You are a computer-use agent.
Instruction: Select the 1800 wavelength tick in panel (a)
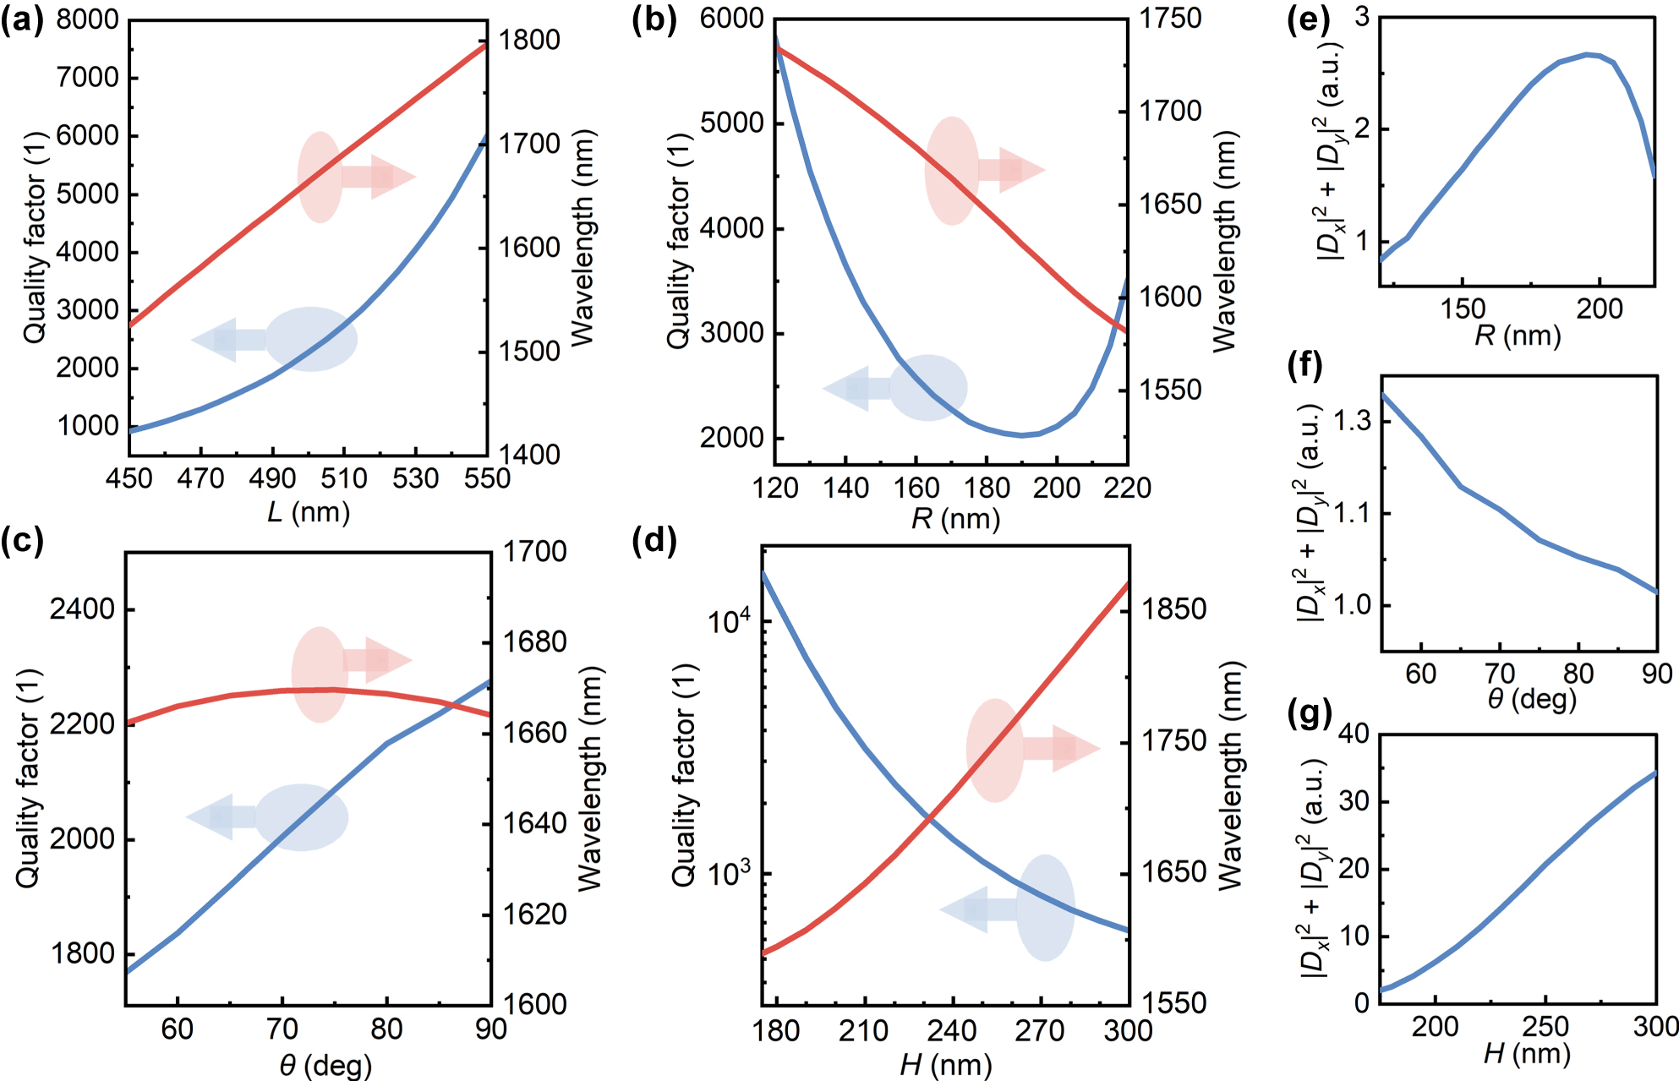pos(529,40)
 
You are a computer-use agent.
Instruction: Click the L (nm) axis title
pos(309,512)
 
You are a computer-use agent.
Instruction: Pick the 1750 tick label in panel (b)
pos(1170,19)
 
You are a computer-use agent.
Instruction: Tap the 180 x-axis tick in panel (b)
pos(987,489)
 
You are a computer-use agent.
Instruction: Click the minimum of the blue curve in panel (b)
pos(1021,435)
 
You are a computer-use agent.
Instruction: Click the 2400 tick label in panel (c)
pos(82,609)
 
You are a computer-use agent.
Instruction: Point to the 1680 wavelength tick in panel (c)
pos(534,642)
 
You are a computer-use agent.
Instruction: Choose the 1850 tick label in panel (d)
pos(1174,609)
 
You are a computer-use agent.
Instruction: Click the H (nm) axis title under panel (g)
pos(1527,1054)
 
